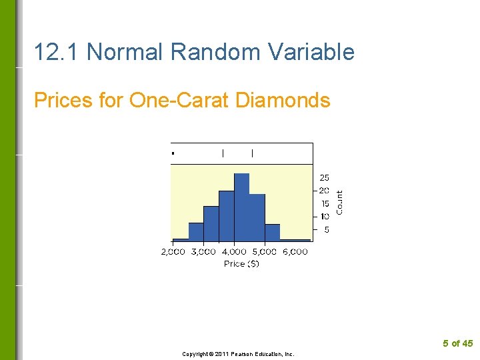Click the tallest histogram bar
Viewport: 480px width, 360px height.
(241, 207)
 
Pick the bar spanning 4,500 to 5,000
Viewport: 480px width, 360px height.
(257, 217)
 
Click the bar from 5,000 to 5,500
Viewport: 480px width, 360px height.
(272, 232)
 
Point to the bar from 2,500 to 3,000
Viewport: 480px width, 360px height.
(196, 231)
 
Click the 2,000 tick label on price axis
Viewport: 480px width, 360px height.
(173, 252)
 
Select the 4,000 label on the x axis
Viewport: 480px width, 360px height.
(234, 252)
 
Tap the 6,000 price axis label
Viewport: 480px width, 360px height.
(295, 252)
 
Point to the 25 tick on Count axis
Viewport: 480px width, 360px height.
(325, 178)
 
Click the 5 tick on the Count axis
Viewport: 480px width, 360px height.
(326, 230)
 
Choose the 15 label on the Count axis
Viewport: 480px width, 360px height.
(325, 204)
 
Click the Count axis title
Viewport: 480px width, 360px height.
(340, 202)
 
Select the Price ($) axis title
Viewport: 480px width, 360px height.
(241, 264)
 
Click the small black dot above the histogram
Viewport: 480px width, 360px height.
(173, 153)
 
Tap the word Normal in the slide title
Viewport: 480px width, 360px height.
(128, 52)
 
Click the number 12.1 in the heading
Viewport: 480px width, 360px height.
(57, 52)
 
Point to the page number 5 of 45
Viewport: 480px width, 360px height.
(457, 343)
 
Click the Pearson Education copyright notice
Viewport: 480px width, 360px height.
(238, 354)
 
